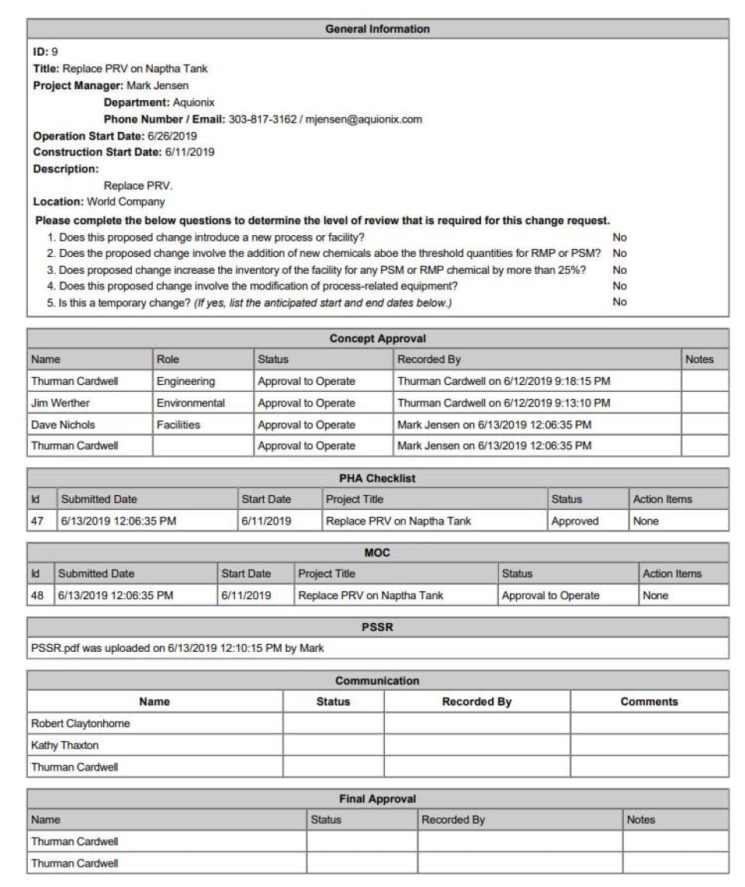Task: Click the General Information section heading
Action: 377,29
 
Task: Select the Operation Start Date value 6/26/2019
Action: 172,136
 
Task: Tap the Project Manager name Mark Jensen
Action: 158,85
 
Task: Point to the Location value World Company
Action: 126,202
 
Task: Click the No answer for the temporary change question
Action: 619,303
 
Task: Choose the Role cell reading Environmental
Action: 191,403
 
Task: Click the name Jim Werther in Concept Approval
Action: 61,403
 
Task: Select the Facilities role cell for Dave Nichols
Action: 178,424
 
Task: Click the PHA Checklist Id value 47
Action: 37,521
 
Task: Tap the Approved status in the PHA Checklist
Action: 574,521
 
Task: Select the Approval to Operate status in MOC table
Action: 550,595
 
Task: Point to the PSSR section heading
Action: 377,626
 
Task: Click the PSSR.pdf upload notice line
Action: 178,647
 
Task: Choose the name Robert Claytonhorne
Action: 81,723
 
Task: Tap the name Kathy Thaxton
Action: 65,745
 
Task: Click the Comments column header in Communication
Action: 649,702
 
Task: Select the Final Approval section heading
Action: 377,799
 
